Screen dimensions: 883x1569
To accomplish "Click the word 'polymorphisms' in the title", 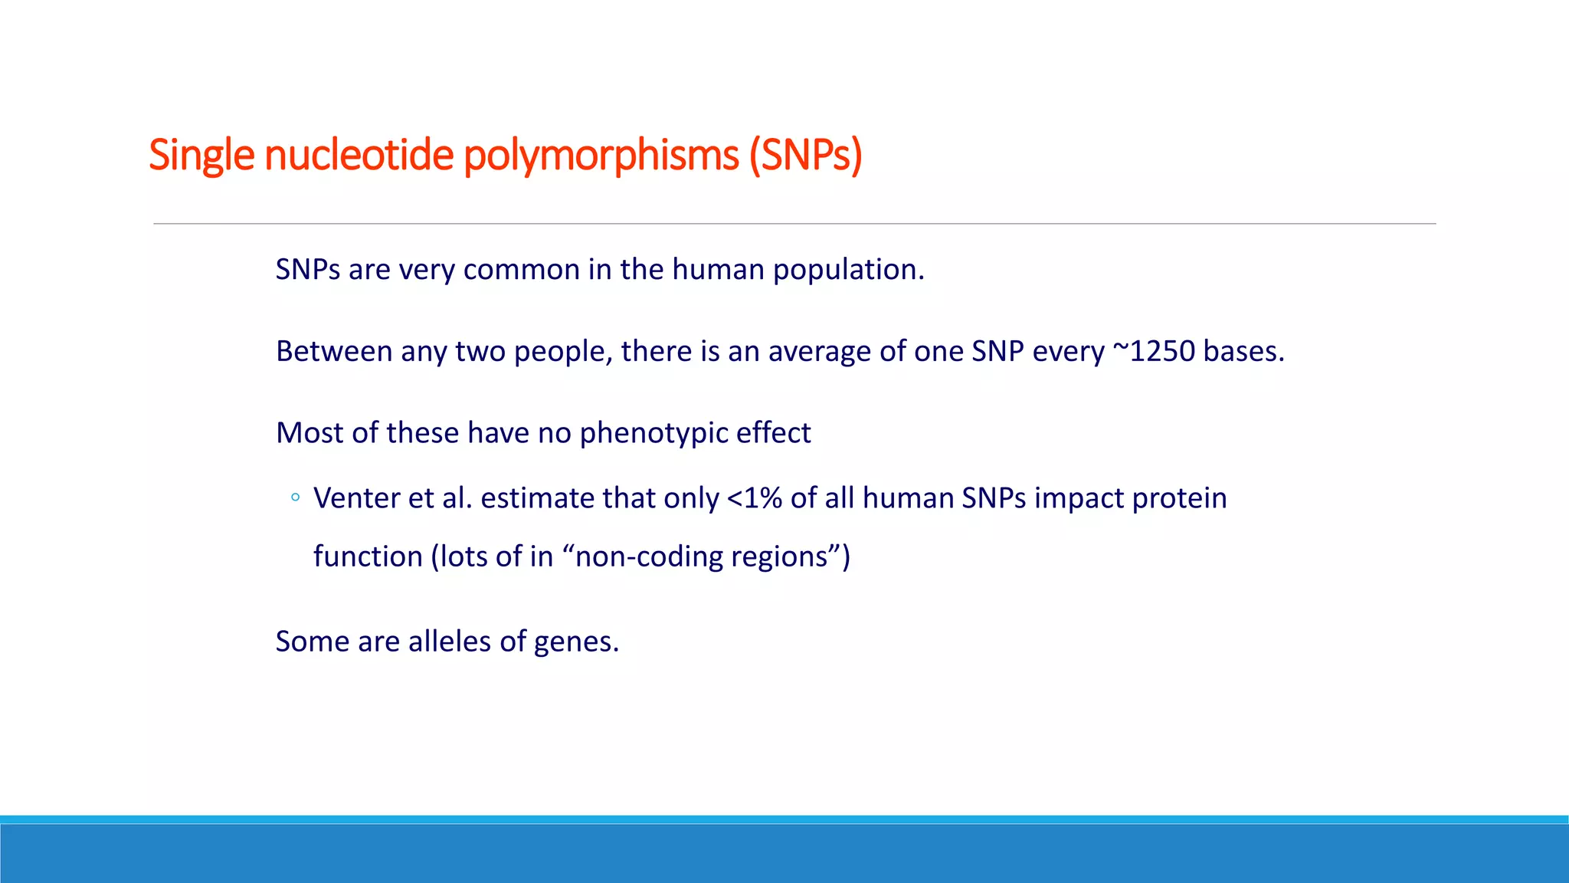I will pos(601,156).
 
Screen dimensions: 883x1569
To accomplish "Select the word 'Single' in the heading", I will pos(201,156).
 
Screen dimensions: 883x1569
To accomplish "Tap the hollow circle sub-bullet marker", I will pos(296,498).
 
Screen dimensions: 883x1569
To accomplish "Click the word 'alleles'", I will pos(450,642).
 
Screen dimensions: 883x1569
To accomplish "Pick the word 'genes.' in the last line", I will pos(576,642).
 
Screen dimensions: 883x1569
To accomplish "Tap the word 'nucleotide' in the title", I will pos(359,156).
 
